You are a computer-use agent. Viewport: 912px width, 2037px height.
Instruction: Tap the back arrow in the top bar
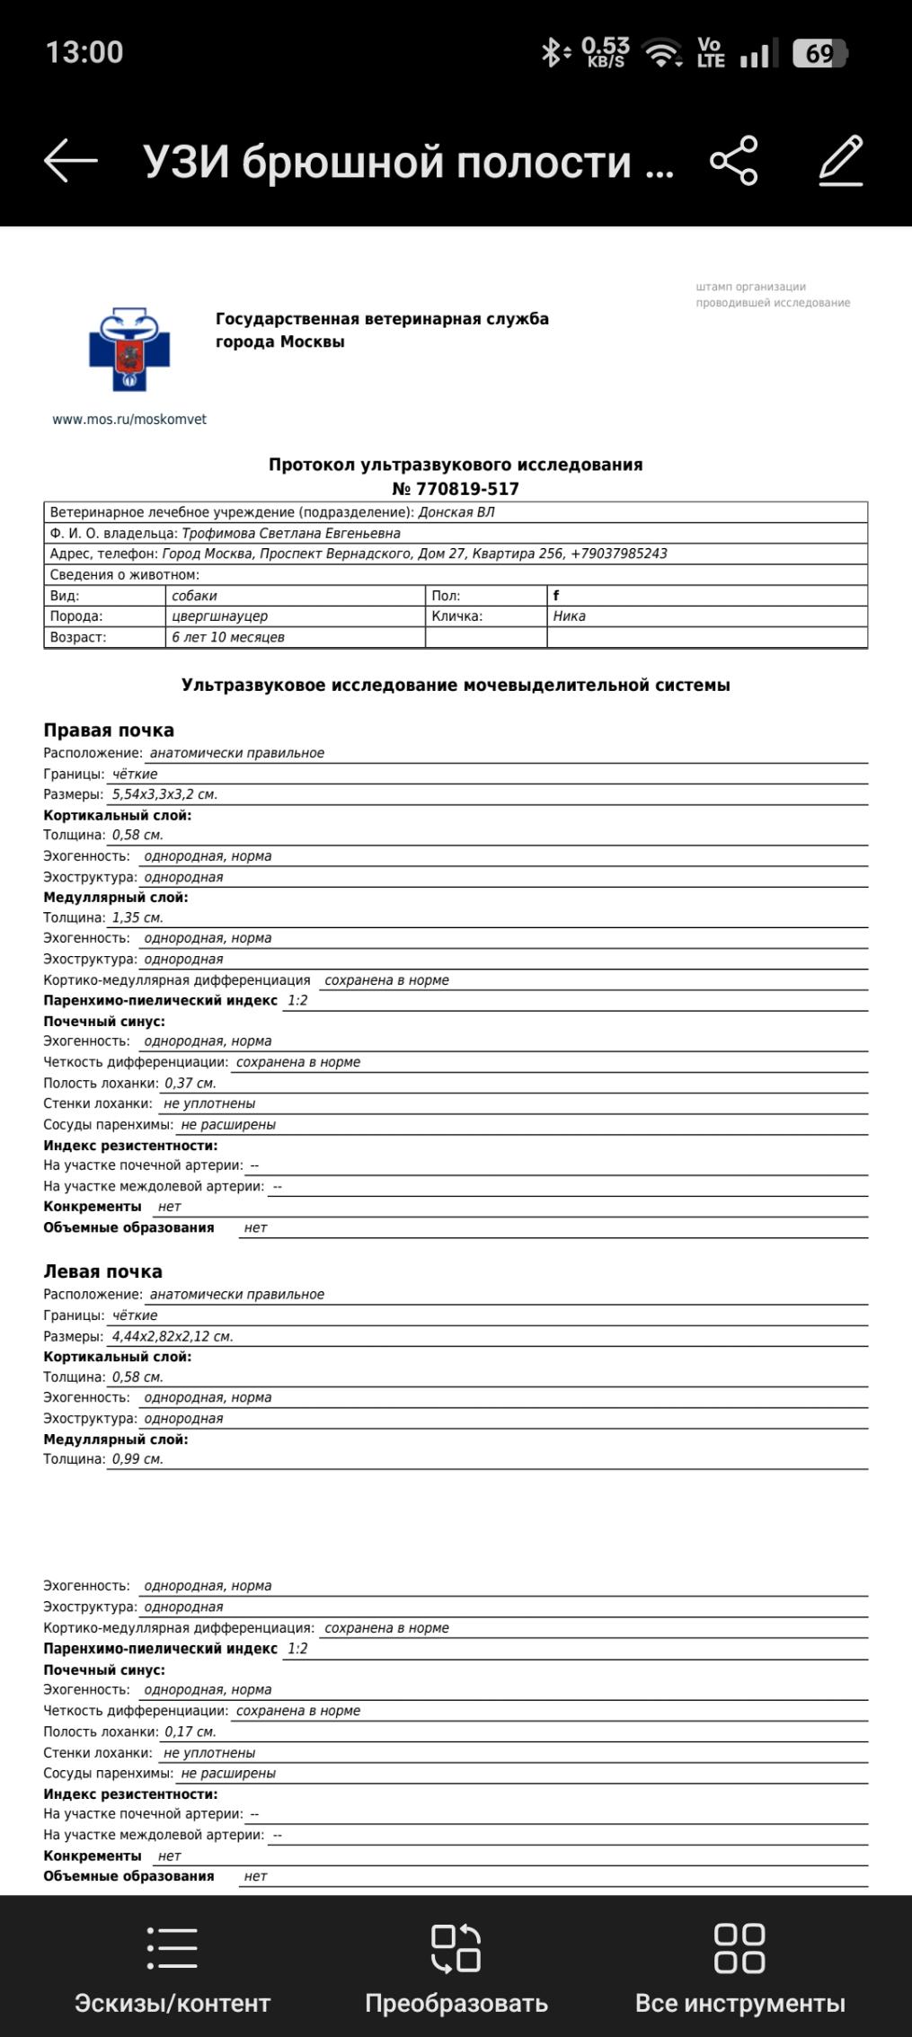(70, 161)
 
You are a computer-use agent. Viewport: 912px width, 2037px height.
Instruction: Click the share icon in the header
(734, 161)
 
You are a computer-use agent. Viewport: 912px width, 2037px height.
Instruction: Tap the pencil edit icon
(842, 161)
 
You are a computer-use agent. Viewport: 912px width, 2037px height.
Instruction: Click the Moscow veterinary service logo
(129, 350)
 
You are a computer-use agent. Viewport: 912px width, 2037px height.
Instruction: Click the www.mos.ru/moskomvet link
(129, 420)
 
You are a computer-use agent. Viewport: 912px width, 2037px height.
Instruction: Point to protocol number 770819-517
(456, 489)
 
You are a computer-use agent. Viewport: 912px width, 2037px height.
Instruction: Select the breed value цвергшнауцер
(220, 616)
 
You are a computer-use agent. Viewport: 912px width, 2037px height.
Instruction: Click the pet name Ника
(570, 616)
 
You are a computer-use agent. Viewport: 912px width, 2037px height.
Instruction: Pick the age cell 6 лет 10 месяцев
(228, 637)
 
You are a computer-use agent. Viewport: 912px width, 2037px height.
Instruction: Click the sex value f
(556, 596)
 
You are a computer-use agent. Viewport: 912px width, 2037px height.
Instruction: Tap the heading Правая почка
(109, 731)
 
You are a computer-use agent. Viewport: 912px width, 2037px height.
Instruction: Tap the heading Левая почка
(103, 1271)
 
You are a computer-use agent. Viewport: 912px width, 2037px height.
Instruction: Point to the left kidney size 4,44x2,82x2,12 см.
(173, 1336)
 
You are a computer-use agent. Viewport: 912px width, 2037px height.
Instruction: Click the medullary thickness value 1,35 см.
(137, 917)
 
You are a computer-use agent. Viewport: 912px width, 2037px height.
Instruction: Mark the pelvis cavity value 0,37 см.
(190, 1083)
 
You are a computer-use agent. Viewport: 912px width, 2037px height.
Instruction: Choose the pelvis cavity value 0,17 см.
(190, 1731)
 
